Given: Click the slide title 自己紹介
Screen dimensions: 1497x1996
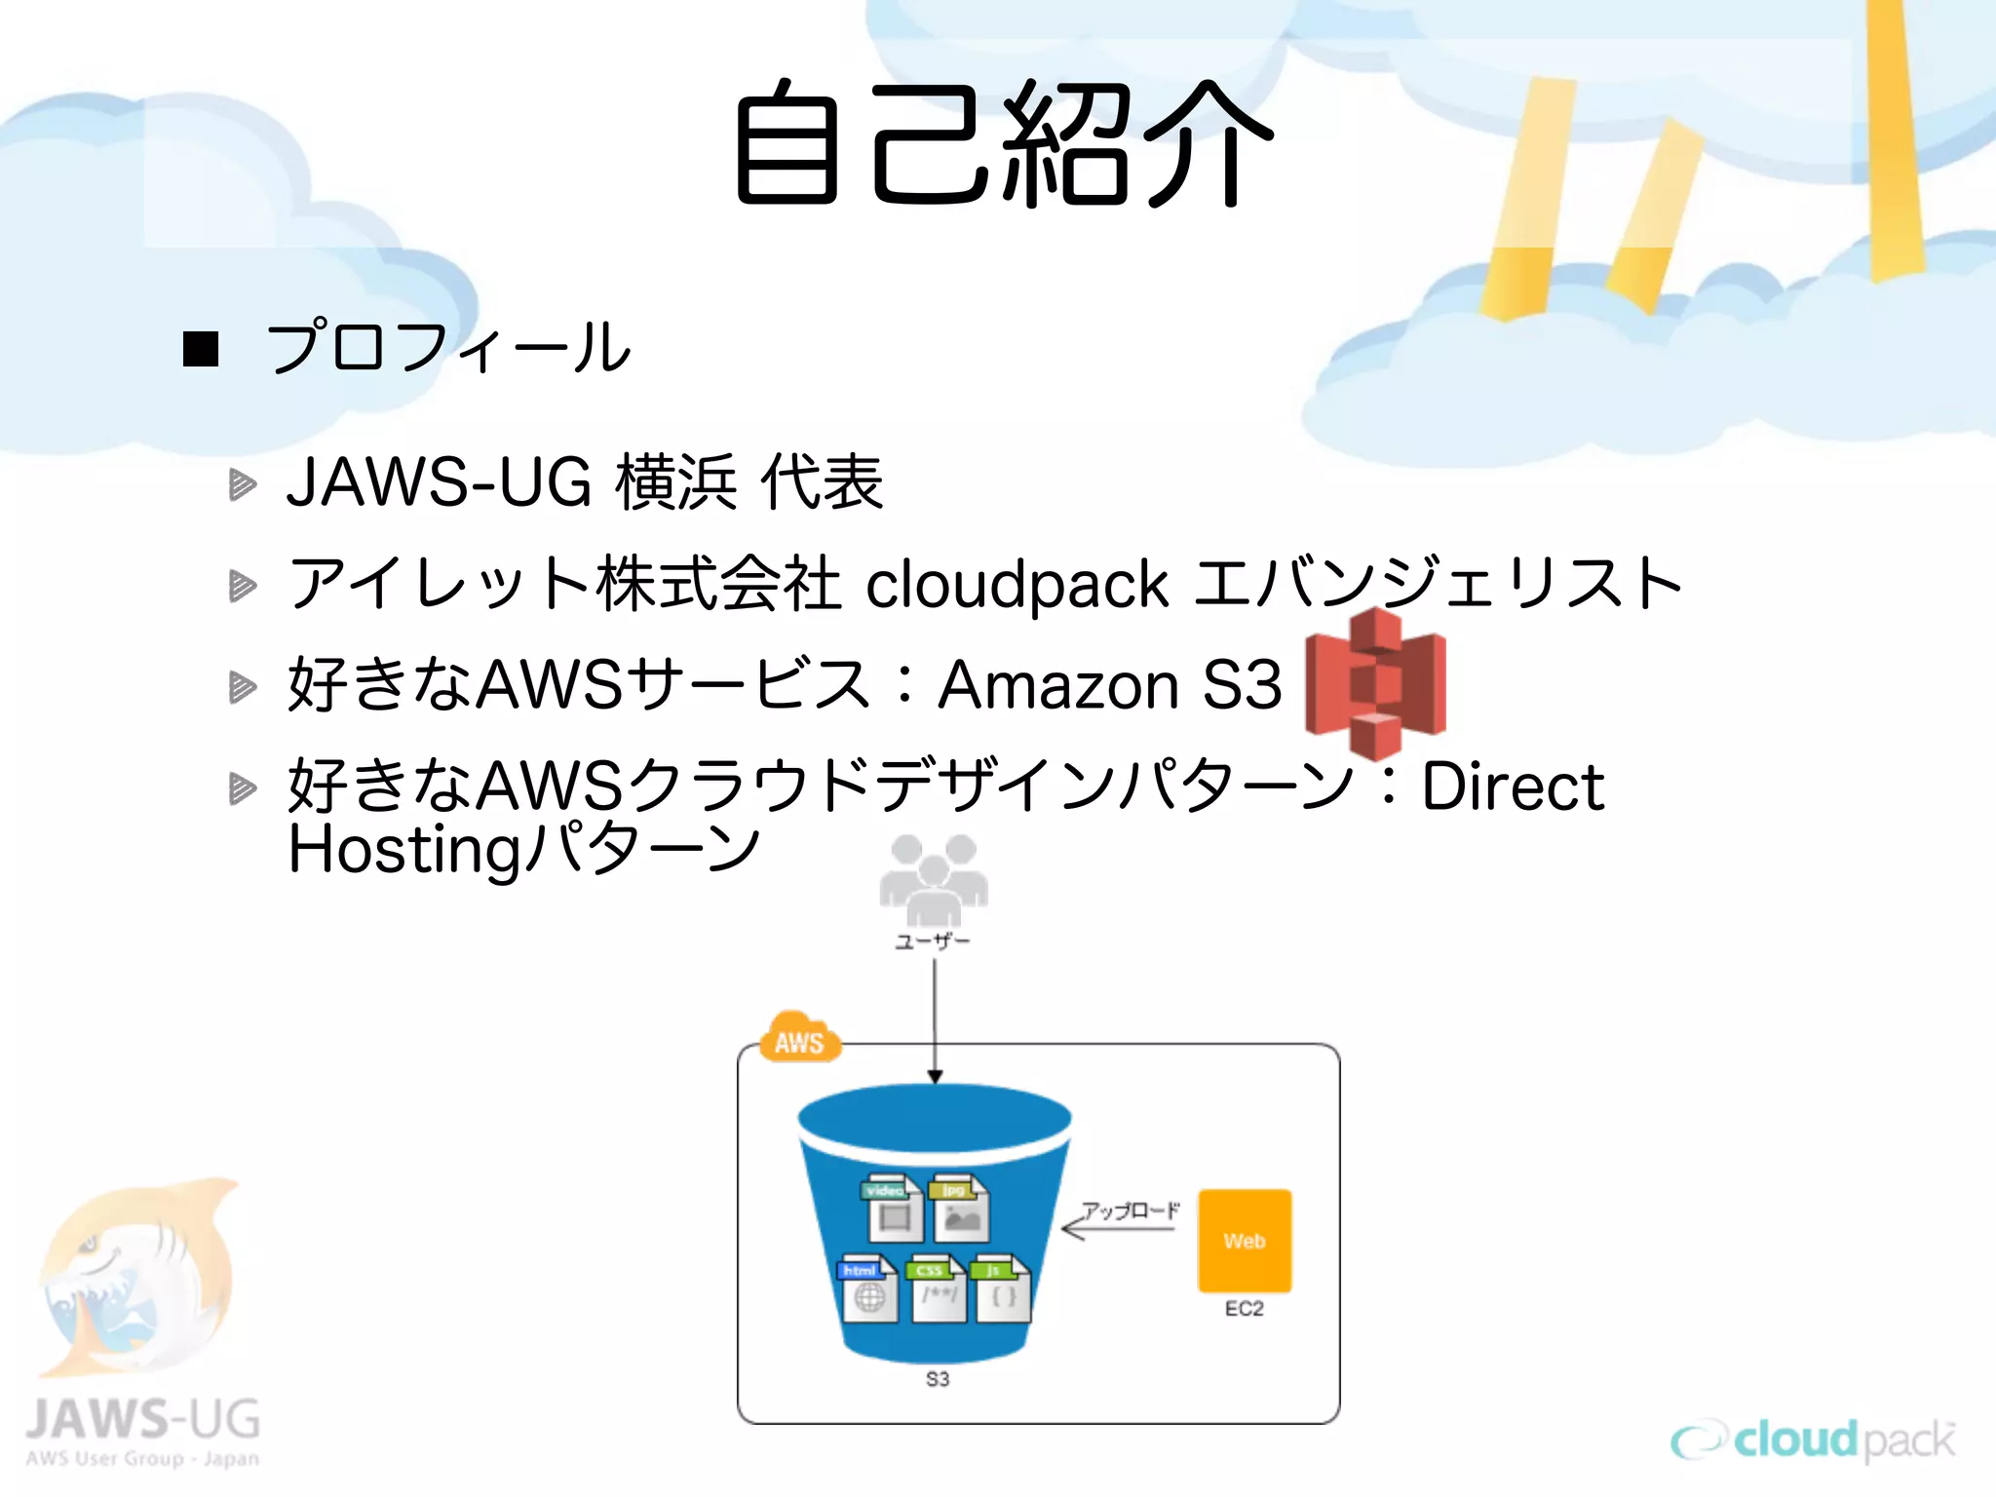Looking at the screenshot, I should click(1004, 144).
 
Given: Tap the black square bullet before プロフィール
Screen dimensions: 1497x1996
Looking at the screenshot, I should click(201, 349).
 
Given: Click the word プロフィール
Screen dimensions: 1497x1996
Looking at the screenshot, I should click(448, 347).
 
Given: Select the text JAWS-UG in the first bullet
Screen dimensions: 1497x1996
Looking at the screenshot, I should click(439, 482).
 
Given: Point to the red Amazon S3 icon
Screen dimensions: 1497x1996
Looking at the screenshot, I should click(1375, 683).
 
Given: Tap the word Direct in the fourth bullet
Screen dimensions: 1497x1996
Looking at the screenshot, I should click(1512, 787).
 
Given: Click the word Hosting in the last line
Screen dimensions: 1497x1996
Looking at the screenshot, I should click(405, 850).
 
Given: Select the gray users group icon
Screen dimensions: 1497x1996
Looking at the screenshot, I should click(933, 878).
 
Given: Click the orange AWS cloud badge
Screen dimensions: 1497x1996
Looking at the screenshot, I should click(799, 1039).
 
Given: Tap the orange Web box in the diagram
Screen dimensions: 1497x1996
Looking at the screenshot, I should click(1245, 1241).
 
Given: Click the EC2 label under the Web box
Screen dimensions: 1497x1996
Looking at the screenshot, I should click(1245, 1309).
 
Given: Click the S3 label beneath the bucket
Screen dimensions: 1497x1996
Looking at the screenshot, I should click(938, 1379).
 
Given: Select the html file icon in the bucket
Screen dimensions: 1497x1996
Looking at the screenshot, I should click(867, 1288).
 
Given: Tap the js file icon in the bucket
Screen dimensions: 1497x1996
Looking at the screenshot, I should click(1001, 1288).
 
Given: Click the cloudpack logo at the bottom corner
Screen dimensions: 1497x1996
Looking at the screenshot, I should click(1813, 1439).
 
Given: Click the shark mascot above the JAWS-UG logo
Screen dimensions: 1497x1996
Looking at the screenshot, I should click(136, 1277).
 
